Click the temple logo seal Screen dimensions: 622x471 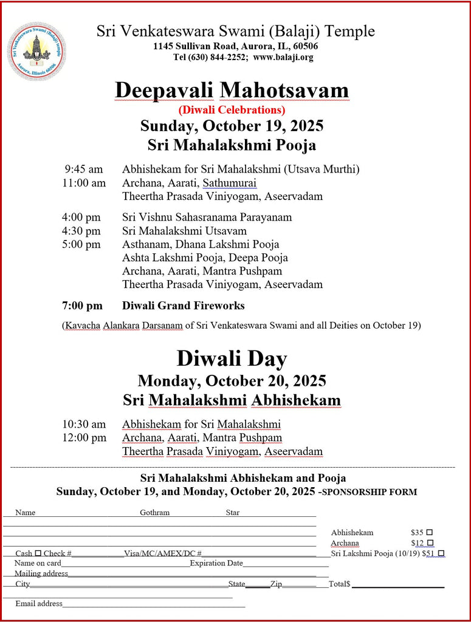(x=36, y=52)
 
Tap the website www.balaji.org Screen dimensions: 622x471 (x=283, y=58)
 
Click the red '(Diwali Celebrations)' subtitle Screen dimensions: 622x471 (x=232, y=110)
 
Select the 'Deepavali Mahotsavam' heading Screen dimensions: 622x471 (x=232, y=90)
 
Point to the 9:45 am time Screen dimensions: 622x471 (x=84, y=169)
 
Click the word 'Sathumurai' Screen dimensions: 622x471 (x=230, y=183)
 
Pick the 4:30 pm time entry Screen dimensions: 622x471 (x=81, y=231)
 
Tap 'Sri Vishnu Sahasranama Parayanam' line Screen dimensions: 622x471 (x=207, y=217)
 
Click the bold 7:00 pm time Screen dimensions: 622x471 (x=82, y=306)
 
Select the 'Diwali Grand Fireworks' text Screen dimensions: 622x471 (x=184, y=306)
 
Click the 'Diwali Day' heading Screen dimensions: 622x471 (x=232, y=358)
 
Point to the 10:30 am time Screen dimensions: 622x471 (x=84, y=424)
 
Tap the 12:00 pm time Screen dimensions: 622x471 (x=84, y=438)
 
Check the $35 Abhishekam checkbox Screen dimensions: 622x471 (x=430, y=532)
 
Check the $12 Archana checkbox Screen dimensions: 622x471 (x=430, y=543)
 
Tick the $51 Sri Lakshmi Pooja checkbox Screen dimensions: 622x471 (x=441, y=553)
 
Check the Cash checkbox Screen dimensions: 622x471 (x=38, y=553)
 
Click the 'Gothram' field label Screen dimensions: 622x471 (x=155, y=513)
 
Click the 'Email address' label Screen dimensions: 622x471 (x=39, y=603)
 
